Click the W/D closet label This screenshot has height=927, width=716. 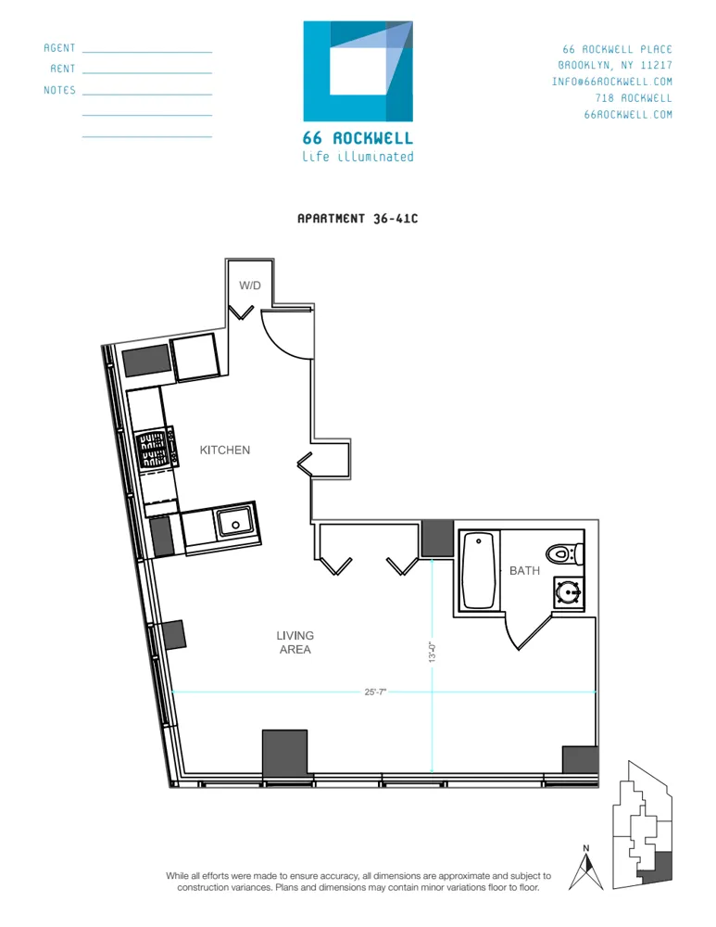click(x=250, y=286)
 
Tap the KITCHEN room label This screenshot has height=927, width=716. click(x=225, y=451)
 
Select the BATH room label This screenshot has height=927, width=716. click(x=524, y=571)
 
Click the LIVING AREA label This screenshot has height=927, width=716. click(x=295, y=642)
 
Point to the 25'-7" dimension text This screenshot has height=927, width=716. click(x=375, y=692)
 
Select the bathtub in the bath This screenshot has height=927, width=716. click(x=481, y=570)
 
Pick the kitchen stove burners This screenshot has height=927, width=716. click(x=154, y=450)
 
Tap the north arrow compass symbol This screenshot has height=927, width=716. click(x=585, y=868)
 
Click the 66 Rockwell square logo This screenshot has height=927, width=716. click(x=358, y=71)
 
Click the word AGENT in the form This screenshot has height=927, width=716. click(x=59, y=48)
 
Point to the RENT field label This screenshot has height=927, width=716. click(x=63, y=70)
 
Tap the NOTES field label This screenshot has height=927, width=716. click(x=59, y=91)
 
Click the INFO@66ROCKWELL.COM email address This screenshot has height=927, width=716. click(x=611, y=82)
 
